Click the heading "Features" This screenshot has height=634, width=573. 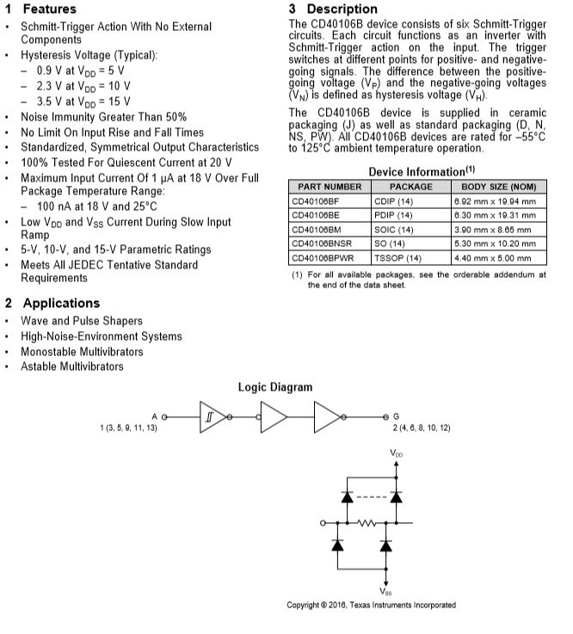tap(49, 9)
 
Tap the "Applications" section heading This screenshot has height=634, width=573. tap(61, 303)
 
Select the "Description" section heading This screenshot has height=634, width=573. tap(342, 9)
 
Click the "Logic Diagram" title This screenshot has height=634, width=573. tap(275, 387)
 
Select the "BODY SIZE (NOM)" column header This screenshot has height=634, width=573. tap(498, 186)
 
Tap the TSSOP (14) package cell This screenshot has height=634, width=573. tap(398, 258)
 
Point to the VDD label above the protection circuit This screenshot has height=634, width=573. tap(396, 452)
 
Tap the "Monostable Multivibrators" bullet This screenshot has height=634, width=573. tap(82, 351)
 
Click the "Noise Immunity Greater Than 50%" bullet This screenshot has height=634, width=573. tap(103, 116)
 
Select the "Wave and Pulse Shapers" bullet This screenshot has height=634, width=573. tap(82, 321)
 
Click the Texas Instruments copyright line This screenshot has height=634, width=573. tap(372, 605)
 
